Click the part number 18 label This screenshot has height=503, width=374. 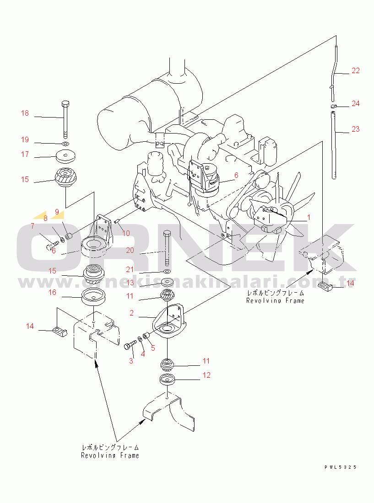click(25, 113)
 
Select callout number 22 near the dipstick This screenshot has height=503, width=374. click(356, 71)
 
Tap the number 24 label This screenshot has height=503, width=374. click(356, 104)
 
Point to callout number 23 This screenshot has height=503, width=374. click(356, 129)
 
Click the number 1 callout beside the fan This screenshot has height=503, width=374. click(309, 217)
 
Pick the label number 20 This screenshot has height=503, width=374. click(130, 250)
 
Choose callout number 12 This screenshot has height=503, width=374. click(207, 375)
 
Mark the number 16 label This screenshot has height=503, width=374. click(53, 292)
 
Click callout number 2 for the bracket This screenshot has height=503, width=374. click(132, 313)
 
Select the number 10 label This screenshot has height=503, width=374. click(126, 233)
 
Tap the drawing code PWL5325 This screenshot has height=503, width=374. click(340, 467)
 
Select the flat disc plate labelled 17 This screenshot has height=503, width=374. click(65, 157)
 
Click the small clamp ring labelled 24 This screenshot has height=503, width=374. click(334, 107)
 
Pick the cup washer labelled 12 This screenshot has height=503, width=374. click(168, 379)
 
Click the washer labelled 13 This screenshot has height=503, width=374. click(167, 283)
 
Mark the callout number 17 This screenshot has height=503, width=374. click(25, 155)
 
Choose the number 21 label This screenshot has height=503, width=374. click(130, 269)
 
